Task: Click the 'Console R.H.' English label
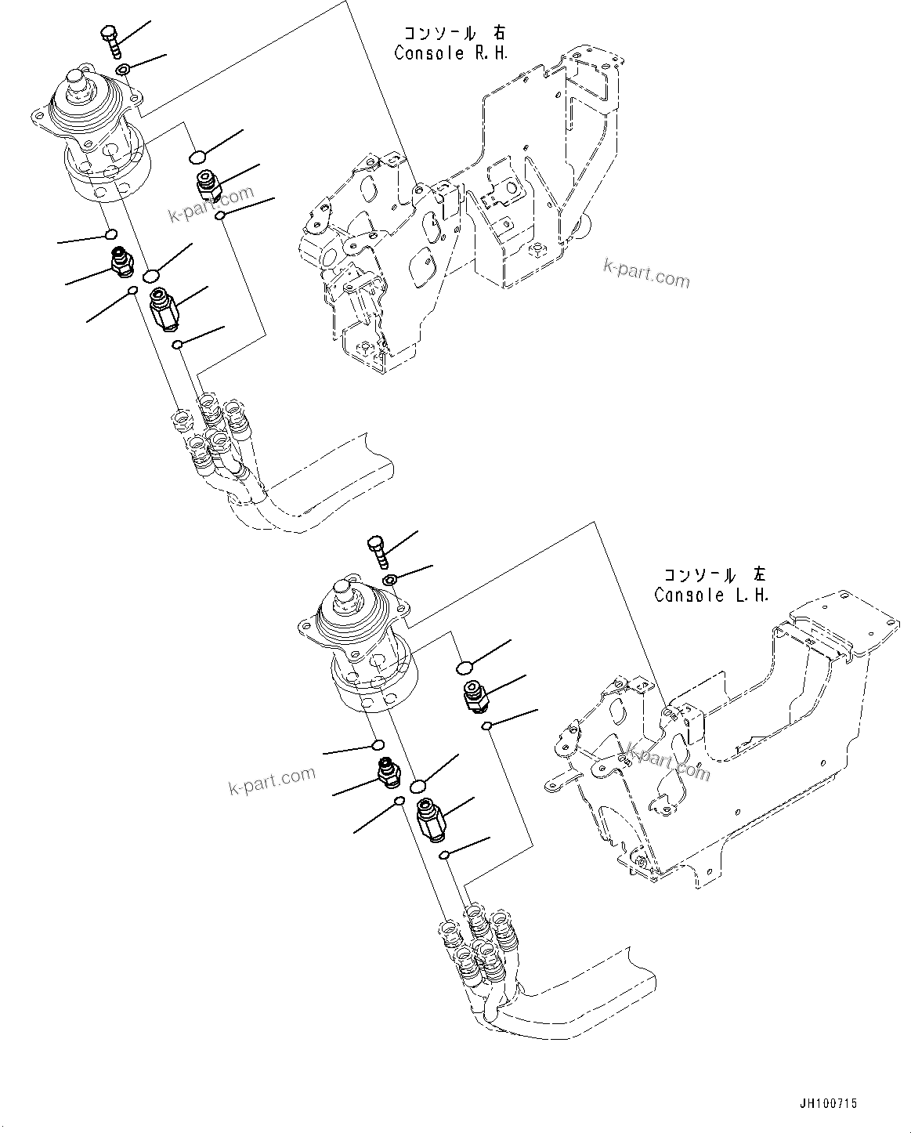point(452,53)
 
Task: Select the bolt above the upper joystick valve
point(110,40)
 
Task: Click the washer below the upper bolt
point(124,71)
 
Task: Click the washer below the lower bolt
point(389,580)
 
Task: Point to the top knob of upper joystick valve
point(78,81)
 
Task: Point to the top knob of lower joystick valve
point(343,589)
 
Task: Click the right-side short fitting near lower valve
point(474,695)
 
